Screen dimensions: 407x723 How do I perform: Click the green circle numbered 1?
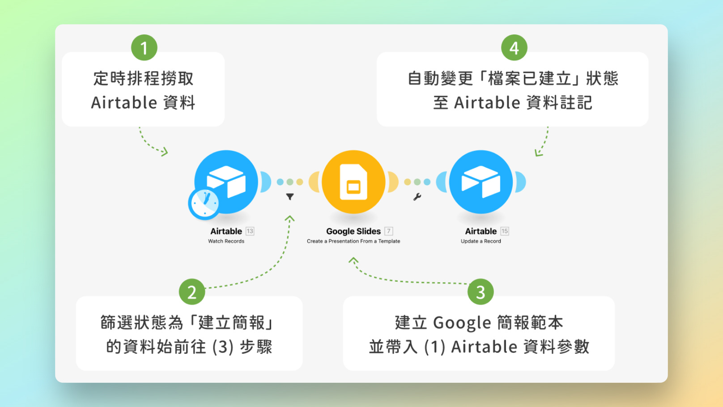pos(144,48)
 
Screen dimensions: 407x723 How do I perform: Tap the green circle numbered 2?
pos(192,292)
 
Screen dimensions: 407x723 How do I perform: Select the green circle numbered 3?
pos(481,292)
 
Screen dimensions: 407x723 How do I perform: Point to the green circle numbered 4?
pos(514,48)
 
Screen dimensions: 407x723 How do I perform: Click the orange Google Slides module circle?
pos(353,182)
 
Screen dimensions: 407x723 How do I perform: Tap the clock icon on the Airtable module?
pos(204,203)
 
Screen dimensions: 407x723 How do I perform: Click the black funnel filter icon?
pos(290,197)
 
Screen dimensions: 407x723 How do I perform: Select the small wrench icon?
pos(417,197)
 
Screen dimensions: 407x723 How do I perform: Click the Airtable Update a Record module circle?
pos(481,182)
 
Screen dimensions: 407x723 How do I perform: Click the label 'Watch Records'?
pos(226,241)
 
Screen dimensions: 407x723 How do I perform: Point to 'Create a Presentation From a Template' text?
pos(353,241)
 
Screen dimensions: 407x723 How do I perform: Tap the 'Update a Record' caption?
pos(481,241)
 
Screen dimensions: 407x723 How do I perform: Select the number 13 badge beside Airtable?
pos(250,231)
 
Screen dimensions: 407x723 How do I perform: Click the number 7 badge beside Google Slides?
pos(389,231)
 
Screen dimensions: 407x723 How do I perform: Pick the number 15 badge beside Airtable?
pos(505,231)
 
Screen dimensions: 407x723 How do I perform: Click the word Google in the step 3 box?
pos(462,323)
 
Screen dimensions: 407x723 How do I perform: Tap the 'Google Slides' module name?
pos(353,231)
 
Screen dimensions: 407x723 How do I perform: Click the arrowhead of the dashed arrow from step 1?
pos(165,152)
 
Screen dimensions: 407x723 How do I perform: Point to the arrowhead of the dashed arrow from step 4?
pos(538,153)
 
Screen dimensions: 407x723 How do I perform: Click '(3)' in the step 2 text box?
pos(223,347)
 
